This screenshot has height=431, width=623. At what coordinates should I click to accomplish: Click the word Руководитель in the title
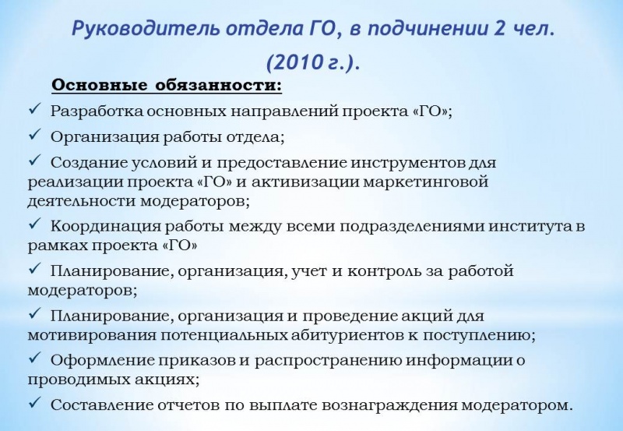[146, 29]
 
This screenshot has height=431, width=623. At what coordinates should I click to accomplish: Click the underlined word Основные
[101, 86]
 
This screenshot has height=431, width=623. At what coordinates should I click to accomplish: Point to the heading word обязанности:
[219, 86]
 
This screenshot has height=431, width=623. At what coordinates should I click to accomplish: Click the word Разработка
[96, 111]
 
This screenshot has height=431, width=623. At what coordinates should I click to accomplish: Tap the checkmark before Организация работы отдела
[35, 134]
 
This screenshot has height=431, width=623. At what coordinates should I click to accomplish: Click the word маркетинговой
[425, 182]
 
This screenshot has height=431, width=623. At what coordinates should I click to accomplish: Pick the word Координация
[105, 226]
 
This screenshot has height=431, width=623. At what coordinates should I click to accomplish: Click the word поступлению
[479, 335]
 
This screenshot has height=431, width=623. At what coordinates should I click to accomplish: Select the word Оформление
[102, 360]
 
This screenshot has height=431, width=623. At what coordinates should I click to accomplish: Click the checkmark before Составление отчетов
[35, 402]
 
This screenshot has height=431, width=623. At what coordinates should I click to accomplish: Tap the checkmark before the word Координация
[35, 224]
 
